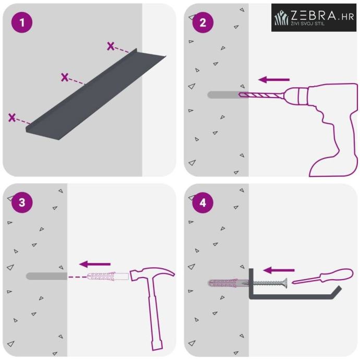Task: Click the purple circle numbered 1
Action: click(22, 22)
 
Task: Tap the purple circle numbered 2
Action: click(203, 22)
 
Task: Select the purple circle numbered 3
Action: click(22, 202)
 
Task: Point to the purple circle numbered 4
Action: click(203, 202)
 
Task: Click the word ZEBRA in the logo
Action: click(314, 15)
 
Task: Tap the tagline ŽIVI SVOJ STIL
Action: click(308, 23)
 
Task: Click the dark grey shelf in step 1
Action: click(95, 94)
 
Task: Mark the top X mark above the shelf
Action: click(111, 46)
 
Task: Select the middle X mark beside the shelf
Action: click(65, 77)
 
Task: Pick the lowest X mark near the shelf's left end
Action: click(12, 117)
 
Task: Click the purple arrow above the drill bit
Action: click(274, 80)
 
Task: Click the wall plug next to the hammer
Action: click(107, 276)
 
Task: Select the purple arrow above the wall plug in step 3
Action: click(95, 264)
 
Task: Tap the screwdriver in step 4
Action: click(322, 276)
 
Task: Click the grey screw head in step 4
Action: click(285, 283)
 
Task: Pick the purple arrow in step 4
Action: click(279, 270)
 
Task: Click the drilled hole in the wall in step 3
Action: click(46, 276)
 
